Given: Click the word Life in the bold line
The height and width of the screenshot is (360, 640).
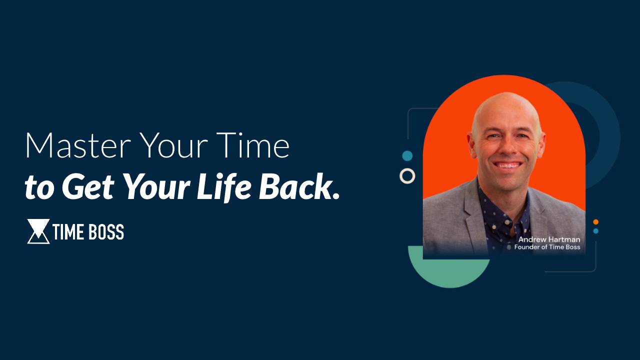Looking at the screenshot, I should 224,187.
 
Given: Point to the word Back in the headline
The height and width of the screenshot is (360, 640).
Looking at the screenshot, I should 293,187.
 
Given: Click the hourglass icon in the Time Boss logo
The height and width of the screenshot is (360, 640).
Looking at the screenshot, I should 38,231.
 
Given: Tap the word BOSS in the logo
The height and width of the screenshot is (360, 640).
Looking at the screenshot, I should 106,232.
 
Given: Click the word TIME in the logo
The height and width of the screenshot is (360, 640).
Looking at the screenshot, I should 69,232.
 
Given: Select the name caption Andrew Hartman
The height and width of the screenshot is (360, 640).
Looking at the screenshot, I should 549,239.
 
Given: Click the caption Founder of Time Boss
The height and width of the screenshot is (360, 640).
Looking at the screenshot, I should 547,247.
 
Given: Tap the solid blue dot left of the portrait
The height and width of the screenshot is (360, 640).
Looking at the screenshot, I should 407,156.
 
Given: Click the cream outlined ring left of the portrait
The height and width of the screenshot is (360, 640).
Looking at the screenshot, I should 407,176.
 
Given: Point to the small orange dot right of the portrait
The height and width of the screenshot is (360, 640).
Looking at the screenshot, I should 595,222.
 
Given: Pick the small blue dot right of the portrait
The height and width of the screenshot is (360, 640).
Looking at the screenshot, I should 595,231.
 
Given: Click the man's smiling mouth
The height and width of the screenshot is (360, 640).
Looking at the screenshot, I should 507,165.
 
